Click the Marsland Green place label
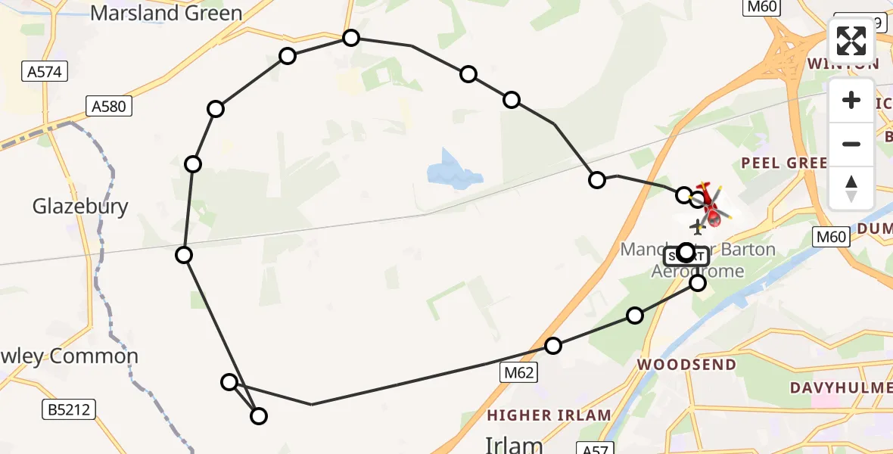click(x=166, y=13)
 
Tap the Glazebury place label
click(x=80, y=206)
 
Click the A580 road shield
click(x=108, y=107)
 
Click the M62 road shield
click(x=519, y=372)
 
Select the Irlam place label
click(x=514, y=444)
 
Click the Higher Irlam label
click(x=549, y=415)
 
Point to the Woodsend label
click(x=686, y=364)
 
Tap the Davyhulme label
click(x=841, y=387)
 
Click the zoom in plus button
click(x=851, y=101)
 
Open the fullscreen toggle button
click(x=851, y=41)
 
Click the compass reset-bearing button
click(x=851, y=188)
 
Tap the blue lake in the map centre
click(x=453, y=172)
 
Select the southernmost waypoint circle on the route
click(x=259, y=415)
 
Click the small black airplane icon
click(x=698, y=226)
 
